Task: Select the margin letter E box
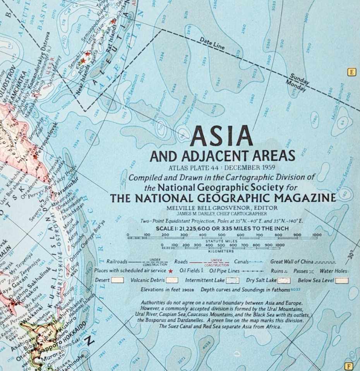coord(351,72)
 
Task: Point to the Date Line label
coord(212,43)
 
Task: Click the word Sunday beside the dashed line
coord(300,78)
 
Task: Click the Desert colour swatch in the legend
coord(117,280)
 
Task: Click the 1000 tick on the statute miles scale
coord(317,235)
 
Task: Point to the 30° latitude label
coord(351,256)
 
